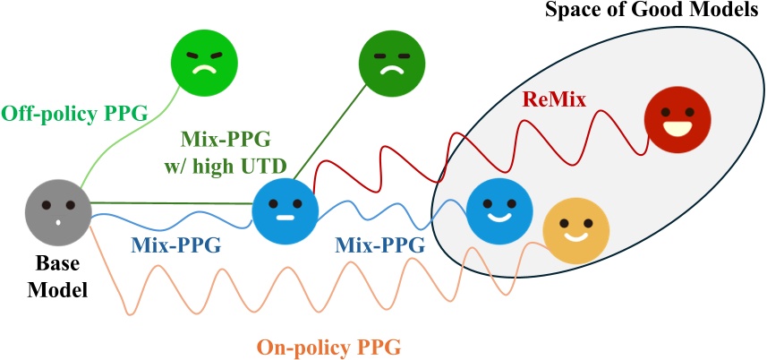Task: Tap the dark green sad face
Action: coord(392,63)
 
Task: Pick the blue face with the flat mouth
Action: coord(285,210)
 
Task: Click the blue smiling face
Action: coord(499,210)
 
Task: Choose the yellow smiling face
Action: coord(576,231)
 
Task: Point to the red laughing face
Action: coord(677,120)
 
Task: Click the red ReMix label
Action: coord(555,100)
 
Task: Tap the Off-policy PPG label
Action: coord(74,115)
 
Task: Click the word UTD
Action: coord(260,167)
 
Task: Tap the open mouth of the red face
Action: coord(677,129)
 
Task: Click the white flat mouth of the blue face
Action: coord(285,218)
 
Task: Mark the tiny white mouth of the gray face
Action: coord(58,223)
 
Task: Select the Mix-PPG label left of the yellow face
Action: coord(379,245)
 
